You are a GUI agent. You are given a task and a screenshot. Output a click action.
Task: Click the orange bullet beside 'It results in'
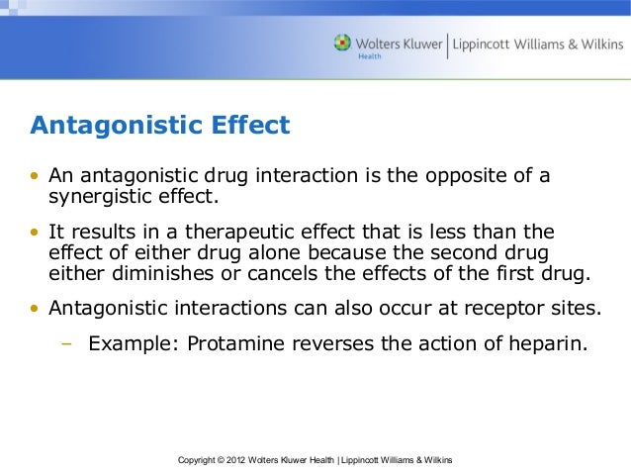(x=36, y=234)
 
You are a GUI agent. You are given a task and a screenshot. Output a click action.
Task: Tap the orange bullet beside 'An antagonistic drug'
(x=36, y=177)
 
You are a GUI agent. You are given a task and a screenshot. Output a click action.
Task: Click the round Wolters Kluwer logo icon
(x=343, y=43)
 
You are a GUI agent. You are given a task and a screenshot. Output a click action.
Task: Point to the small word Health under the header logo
(x=368, y=56)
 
